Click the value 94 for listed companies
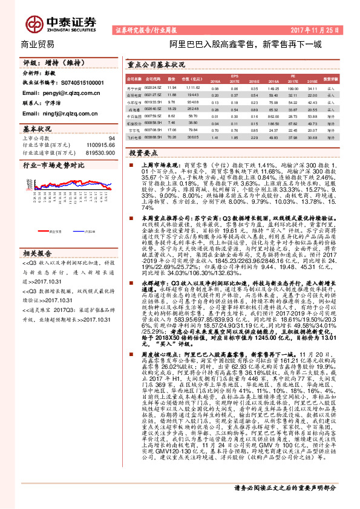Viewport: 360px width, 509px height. pyautogui.click(x=111, y=138)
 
